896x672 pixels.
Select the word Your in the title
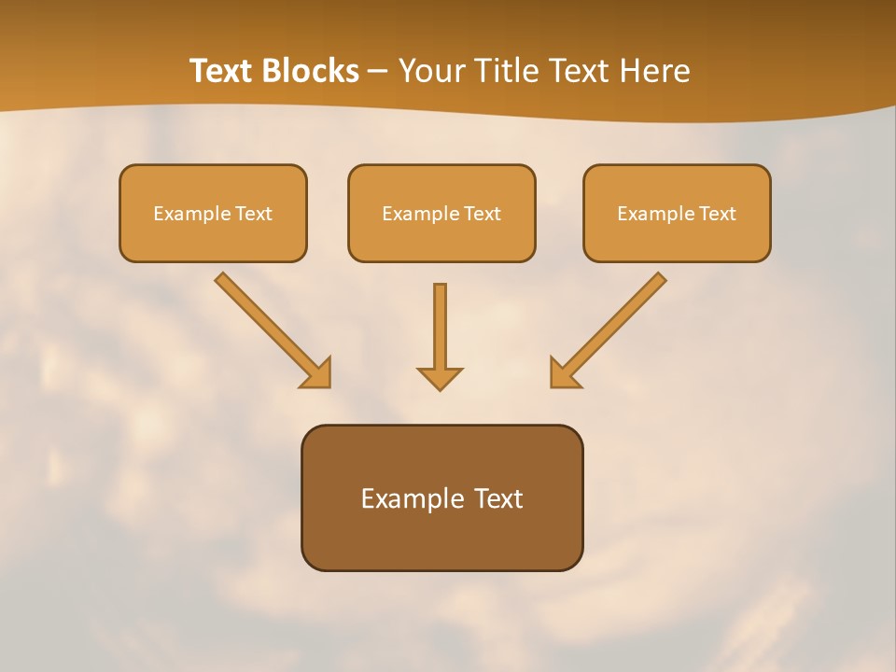[x=430, y=71]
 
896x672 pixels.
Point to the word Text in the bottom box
[x=498, y=498]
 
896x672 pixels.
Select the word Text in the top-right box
[x=718, y=214]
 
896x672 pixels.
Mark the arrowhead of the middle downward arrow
[x=440, y=378]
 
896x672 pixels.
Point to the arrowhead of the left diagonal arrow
[x=317, y=373]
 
